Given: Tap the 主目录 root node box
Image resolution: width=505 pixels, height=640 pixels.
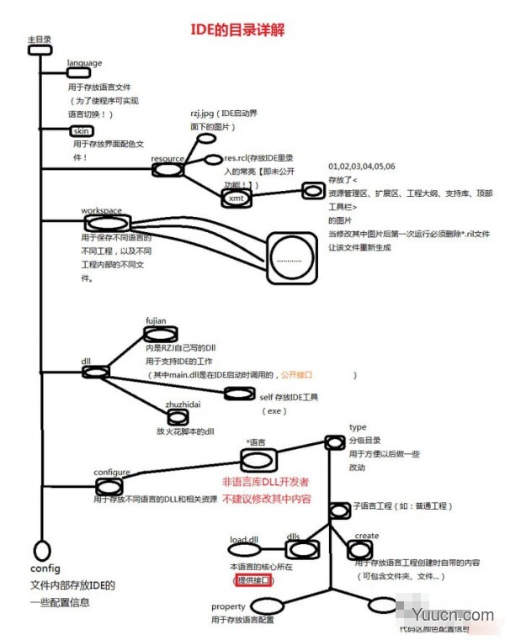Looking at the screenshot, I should pyautogui.click(x=40, y=50).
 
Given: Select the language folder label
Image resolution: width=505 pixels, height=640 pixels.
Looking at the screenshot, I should pyautogui.click(x=84, y=63).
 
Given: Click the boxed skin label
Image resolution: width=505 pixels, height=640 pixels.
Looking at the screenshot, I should pyautogui.click(x=82, y=131).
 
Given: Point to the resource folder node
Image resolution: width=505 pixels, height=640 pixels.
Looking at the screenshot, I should pyautogui.click(x=167, y=169).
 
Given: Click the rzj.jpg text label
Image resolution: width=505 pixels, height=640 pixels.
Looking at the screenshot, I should pyautogui.click(x=205, y=112).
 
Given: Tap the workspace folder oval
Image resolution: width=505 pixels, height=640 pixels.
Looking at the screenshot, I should pyautogui.click(x=106, y=223).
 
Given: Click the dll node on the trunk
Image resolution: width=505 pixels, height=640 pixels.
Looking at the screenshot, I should pyautogui.click(x=95, y=371).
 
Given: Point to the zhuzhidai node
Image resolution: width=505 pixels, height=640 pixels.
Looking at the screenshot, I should pyautogui.click(x=177, y=416).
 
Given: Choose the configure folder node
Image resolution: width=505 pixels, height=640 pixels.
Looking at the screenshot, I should pyautogui.click(x=109, y=486).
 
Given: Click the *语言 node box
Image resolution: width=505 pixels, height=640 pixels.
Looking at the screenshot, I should pyautogui.click(x=258, y=459).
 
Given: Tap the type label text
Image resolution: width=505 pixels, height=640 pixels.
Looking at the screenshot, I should pyautogui.click(x=358, y=428).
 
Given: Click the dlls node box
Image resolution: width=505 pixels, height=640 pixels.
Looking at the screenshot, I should pyautogui.click(x=300, y=549).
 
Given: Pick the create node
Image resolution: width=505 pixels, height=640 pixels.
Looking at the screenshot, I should pyautogui.click(x=360, y=549).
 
